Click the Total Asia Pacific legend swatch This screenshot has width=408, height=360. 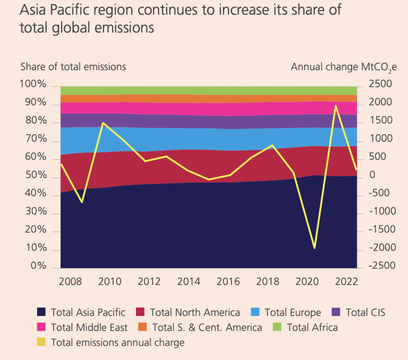coord(41,313)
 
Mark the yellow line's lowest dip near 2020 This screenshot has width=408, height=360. coord(314,248)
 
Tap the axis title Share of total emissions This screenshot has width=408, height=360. coord(73,67)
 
